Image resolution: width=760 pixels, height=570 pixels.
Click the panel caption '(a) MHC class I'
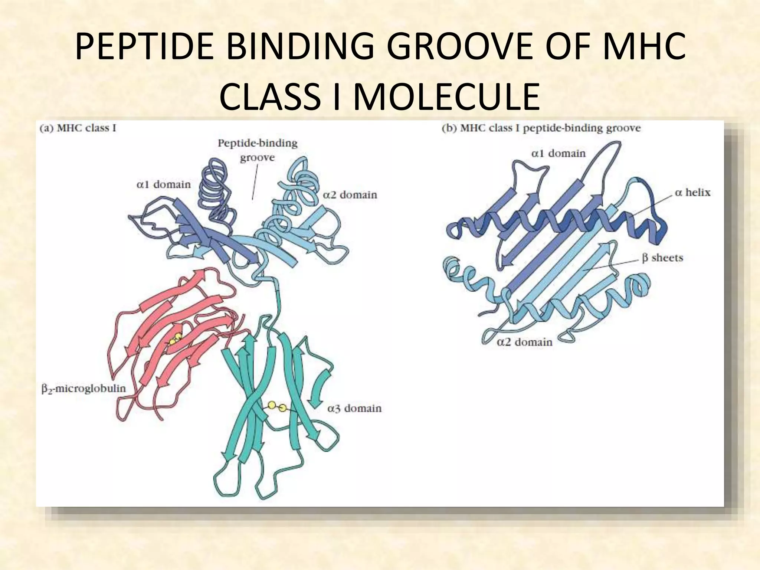click(x=78, y=128)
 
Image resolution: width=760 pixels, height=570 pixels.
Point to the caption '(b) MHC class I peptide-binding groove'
click(x=541, y=128)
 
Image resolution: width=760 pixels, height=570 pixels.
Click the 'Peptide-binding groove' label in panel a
click(x=258, y=150)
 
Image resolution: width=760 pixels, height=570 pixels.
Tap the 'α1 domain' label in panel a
click(x=164, y=184)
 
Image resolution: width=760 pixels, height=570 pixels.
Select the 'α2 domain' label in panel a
click(x=350, y=195)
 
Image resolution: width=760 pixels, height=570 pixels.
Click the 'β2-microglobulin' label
click(x=83, y=389)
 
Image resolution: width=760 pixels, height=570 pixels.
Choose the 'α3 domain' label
click(x=354, y=408)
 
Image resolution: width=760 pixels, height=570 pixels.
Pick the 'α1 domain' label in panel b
click(x=558, y=153)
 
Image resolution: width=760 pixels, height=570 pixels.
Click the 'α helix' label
click(x=692, y=192)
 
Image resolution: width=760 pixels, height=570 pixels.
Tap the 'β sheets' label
click(x=662, y=258)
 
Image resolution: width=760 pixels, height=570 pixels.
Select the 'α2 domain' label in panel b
click(x=524, y=342)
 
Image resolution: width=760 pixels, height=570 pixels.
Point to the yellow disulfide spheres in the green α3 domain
click(x=277, y=406)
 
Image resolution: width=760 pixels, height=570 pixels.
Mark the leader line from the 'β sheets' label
click(x=612, y=264)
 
